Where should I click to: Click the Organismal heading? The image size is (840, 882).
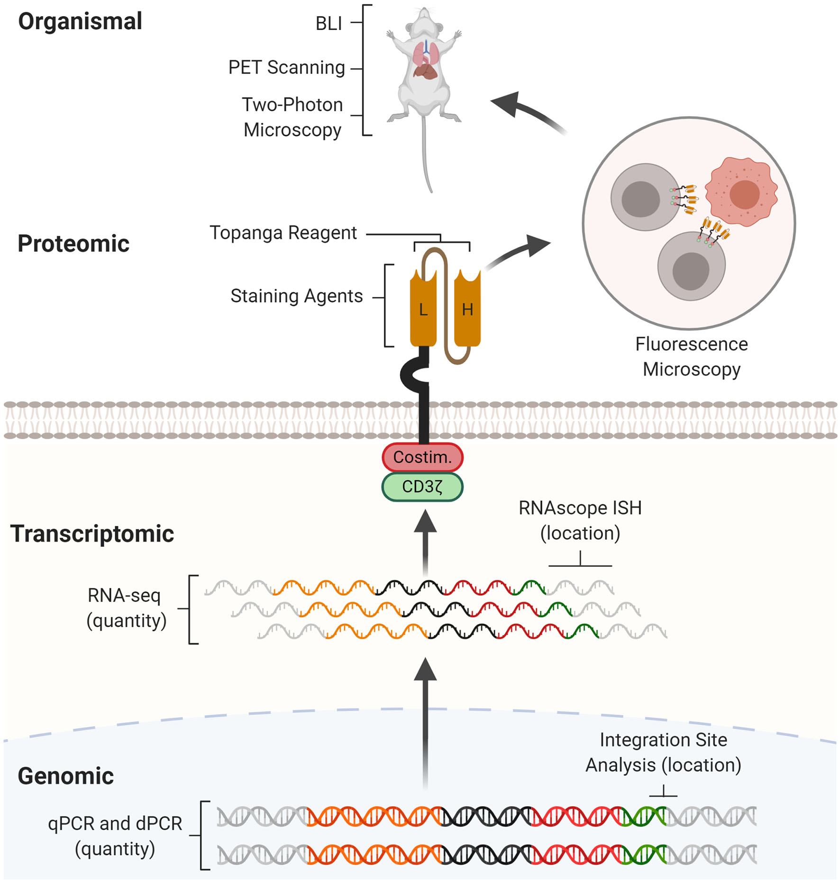(80, 21)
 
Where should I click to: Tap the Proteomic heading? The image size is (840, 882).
(73, 244)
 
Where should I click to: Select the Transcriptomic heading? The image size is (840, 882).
(92, 534)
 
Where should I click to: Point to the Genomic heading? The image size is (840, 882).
(65, 776)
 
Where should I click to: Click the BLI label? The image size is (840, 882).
(329, 23)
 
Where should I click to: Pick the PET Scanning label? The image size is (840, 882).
(286, 67)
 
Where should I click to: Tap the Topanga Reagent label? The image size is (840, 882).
(283, 233)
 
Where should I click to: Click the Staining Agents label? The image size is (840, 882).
(296, 296)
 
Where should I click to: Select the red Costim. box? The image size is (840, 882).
(422, 457)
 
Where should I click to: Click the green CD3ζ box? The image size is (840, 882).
(422, 487)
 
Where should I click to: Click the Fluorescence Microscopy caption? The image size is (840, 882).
(691, 357)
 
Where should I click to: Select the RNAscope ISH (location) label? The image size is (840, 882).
(580, 521)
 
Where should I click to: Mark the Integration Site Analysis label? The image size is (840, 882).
(663, 753)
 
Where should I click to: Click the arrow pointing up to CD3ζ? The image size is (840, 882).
(425, 541)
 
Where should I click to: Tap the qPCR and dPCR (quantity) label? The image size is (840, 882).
(115, 836)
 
